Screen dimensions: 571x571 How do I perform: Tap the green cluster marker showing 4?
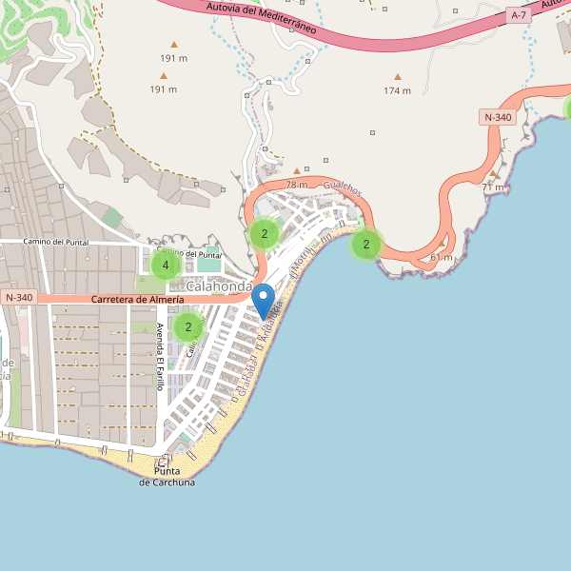pos(166,266)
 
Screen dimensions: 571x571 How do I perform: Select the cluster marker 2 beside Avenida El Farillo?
pos(188,327)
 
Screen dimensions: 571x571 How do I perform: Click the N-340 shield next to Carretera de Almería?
pos(19,298)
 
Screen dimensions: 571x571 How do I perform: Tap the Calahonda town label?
pos(220,286)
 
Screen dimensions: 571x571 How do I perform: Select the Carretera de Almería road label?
pos(138,300)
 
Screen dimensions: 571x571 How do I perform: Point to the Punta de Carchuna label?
pos(167,477)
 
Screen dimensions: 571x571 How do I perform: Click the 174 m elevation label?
pos(397,91)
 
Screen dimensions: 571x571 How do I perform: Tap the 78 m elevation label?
pos(297,184)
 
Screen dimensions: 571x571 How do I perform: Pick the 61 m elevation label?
pos(442,258)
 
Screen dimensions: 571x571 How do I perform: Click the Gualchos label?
pos(343,189)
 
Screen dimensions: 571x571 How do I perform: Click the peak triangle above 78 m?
pos(297,171)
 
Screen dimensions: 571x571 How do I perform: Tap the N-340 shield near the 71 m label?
pos(498,117)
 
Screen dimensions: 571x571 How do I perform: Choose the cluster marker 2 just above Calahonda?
pos(265,233)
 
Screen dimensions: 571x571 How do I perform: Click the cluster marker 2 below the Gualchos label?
pos(365,245)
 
